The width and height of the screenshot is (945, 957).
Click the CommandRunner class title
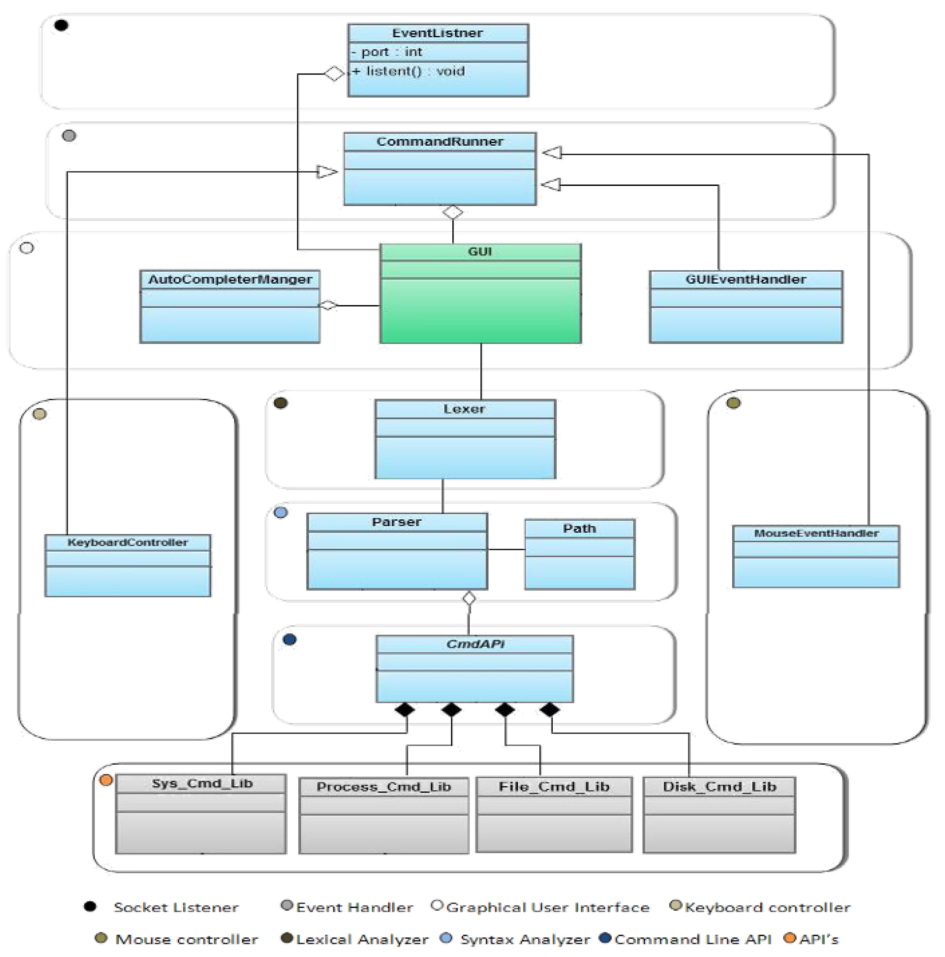439,142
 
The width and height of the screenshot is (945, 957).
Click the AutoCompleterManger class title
230,279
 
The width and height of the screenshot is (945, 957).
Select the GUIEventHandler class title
745,279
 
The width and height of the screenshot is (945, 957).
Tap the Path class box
580,555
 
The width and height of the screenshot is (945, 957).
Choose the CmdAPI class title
474,644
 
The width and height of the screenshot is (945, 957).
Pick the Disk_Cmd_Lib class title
719,787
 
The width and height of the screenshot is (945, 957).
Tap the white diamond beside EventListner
334,74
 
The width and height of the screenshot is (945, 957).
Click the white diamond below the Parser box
469,598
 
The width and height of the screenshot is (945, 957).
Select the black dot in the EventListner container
61,25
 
